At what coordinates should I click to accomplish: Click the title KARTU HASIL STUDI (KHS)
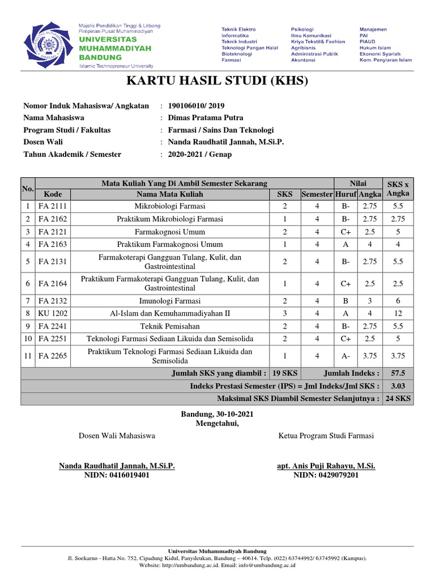pyautogui.click(x=217, y=81)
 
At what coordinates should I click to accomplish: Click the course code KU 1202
pyautogui.click(x=53, y=313)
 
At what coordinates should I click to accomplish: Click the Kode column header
pyautogui.click(x=53, y=194)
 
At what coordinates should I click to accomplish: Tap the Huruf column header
pyautogui.click(x=346, y=194)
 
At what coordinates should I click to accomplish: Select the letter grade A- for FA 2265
pyautogui.click(x=346, y=356)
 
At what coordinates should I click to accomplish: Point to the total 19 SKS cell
pyautogui.click(x=285, y=373)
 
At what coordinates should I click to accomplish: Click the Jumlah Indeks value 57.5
pyautogui.click(x=398, y=373)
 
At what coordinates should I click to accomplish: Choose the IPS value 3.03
pyautogui.click(x=398, y=386)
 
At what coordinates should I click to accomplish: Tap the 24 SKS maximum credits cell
pyautogui.click(x=398, y=398)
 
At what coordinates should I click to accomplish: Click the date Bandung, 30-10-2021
pyautogui.click(x=217, y=414)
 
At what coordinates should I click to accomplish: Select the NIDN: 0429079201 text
pyautogui.click(x=326, y=475)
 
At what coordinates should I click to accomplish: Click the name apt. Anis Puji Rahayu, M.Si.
pyautogui.click(x=326, y=466)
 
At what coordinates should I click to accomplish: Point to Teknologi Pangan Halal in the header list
pyautogui.click(x=249, y=48)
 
